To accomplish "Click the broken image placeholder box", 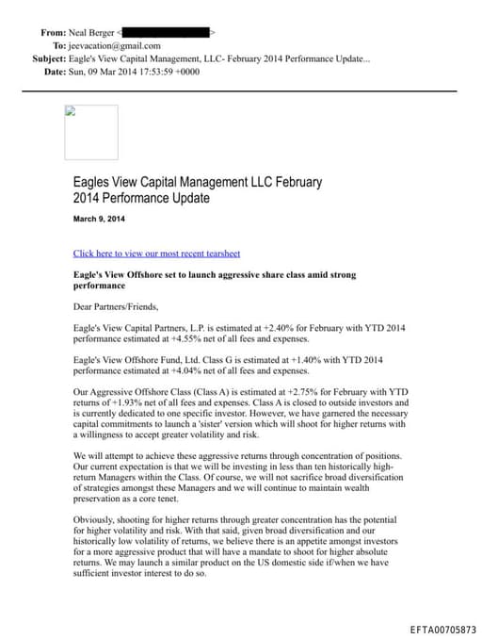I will pyautogui.click(x=91, y=132).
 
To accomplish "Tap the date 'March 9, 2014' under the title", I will pyautogui.click(x=99, y=220).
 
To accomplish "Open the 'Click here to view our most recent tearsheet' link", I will pyautogui.click(x=156, y=254).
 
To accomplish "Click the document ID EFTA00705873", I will pyautogui.click(x=443, y=629).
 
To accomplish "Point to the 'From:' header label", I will pyautogui.click(x=53, y=32).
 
